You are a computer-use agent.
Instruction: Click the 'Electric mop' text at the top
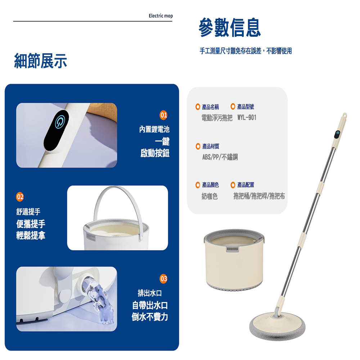161,16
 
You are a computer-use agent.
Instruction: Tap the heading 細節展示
40,61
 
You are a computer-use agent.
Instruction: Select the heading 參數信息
230,28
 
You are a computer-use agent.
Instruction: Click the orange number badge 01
163,115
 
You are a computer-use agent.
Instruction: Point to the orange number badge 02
20,197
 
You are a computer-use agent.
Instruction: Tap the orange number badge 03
163,279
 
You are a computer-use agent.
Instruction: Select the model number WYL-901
247,118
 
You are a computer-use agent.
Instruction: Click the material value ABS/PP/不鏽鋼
220,157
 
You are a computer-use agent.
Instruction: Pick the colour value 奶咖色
210,196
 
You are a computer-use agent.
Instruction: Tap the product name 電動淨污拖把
217,118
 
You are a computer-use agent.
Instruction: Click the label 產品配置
246,185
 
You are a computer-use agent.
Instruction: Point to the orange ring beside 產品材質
198,146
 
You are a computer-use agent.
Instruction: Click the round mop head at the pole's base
277,326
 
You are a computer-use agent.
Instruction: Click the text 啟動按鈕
155,153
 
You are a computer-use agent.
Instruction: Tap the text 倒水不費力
150,317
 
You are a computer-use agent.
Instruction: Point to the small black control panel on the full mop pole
337,135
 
